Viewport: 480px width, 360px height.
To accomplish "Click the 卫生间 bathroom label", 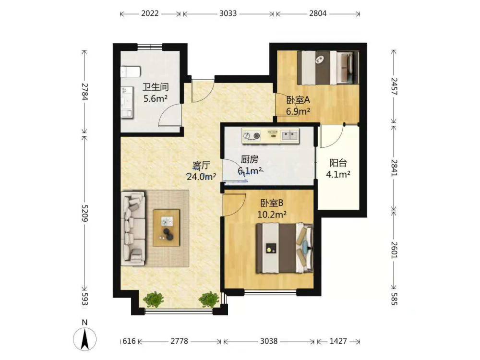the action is tap(156, 87).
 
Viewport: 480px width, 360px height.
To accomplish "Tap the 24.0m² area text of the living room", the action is tap(202, 177).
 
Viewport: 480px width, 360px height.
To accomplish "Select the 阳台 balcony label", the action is tap(338, 163).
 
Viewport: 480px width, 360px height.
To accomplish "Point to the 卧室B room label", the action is tap(272, 203).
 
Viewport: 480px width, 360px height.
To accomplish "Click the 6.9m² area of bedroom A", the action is tap(298, 111).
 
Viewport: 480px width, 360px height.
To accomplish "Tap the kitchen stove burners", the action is tap(252, 135).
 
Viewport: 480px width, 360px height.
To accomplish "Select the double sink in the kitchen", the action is tap(289, 135).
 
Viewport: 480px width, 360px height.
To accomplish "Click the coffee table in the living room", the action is tap(166, 228).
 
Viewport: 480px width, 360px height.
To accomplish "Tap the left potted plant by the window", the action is tap(154, 299).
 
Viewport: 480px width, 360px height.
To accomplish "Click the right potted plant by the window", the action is tap(209, 299).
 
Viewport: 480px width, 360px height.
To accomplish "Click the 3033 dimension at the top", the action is tap(228, 13).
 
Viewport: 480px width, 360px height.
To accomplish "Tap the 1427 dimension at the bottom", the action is tap(338, 341).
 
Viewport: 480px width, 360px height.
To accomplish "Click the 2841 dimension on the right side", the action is tap(394, 168).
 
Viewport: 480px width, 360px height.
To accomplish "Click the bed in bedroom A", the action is tap(328, 67).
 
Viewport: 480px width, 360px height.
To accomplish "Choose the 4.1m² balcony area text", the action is tap(338, 175).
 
